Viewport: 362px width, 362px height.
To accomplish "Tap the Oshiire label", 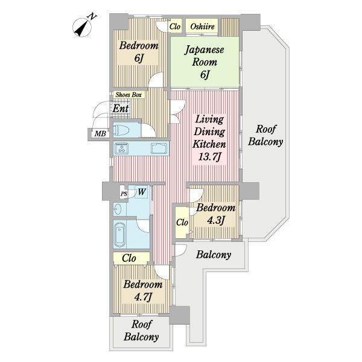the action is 202,27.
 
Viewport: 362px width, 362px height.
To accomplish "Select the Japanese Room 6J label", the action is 205,62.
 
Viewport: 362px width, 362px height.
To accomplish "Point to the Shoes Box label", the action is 129,95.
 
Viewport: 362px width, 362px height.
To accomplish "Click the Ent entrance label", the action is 120,108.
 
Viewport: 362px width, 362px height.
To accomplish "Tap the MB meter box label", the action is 100,133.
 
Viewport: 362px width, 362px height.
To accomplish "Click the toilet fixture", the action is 122,130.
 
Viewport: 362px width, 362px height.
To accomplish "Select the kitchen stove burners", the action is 122,148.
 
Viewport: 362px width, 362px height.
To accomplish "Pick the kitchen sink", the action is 159,148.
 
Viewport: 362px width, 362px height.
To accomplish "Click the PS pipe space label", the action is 124,194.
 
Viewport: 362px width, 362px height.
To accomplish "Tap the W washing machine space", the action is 142,192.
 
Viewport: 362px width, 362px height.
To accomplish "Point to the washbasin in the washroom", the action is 117,209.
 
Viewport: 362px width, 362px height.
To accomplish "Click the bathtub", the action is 120,234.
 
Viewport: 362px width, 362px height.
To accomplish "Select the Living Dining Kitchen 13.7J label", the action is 209,138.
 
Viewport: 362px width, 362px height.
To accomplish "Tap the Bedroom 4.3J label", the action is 215,214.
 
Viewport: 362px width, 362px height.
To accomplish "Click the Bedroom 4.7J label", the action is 142,290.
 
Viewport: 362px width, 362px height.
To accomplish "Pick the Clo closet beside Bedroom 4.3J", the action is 182,223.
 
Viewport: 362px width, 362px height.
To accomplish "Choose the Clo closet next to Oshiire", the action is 175,27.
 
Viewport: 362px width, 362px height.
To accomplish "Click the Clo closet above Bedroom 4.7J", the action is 129,258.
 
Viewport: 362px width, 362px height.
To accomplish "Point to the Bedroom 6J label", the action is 139,51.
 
